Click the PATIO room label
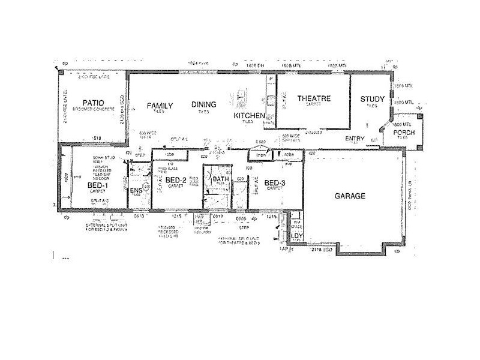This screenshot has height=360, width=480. [94, 103]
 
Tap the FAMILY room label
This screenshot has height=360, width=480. [160, 106]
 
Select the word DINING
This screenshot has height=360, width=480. [204, 105]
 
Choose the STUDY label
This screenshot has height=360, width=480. [372, 99]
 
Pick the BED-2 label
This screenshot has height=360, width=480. [175, 181]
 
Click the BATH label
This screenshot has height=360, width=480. [219, 179]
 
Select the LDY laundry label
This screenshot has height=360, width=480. [296, 237]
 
